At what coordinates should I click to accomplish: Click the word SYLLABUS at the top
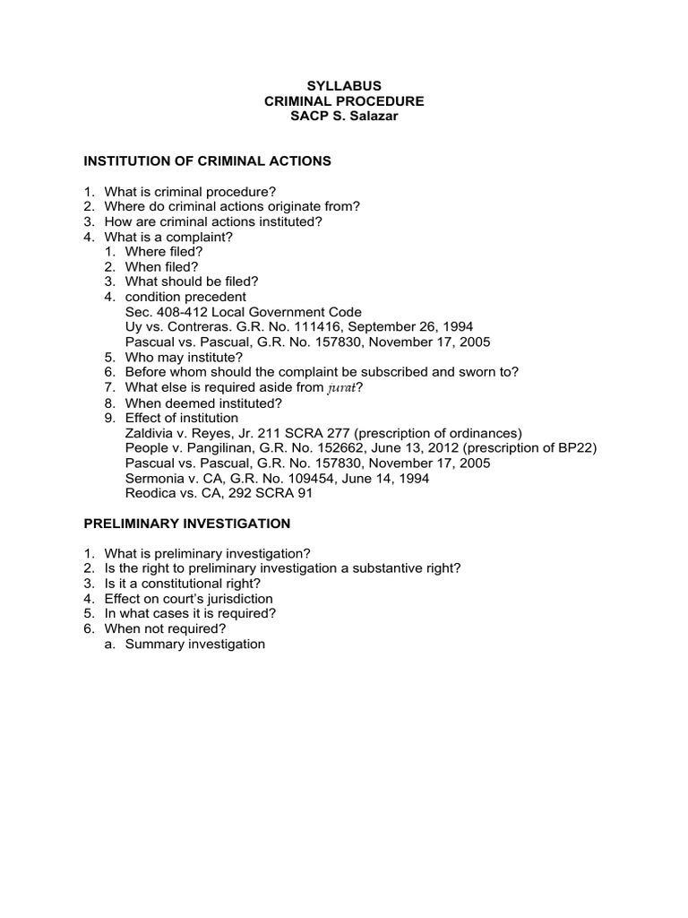(x=344, y=85)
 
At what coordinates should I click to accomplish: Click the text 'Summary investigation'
(x=195, y=644)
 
